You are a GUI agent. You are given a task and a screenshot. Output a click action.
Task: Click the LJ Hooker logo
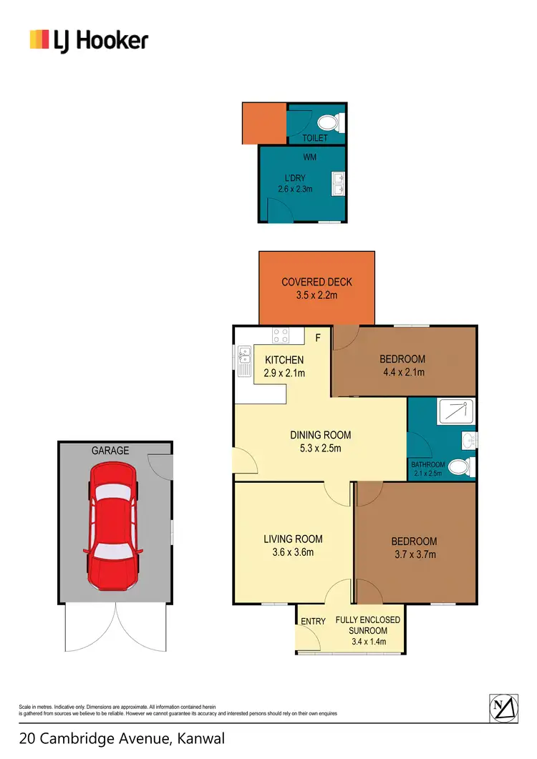88,40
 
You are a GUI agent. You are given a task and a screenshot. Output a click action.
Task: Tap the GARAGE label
110,451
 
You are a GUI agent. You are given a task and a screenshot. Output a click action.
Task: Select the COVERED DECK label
316,282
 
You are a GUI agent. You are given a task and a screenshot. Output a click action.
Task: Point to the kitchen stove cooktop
280,335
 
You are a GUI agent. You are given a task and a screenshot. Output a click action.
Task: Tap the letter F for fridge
318,336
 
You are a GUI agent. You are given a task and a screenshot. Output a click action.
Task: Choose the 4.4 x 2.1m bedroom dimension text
402,372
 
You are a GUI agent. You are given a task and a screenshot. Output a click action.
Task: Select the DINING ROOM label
320,435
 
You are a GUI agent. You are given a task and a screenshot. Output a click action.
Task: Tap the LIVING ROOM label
293,539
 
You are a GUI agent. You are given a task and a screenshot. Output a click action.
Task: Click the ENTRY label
313,622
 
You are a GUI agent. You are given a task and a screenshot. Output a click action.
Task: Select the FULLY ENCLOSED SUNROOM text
367,625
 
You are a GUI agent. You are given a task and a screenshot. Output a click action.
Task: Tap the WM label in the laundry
310,157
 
